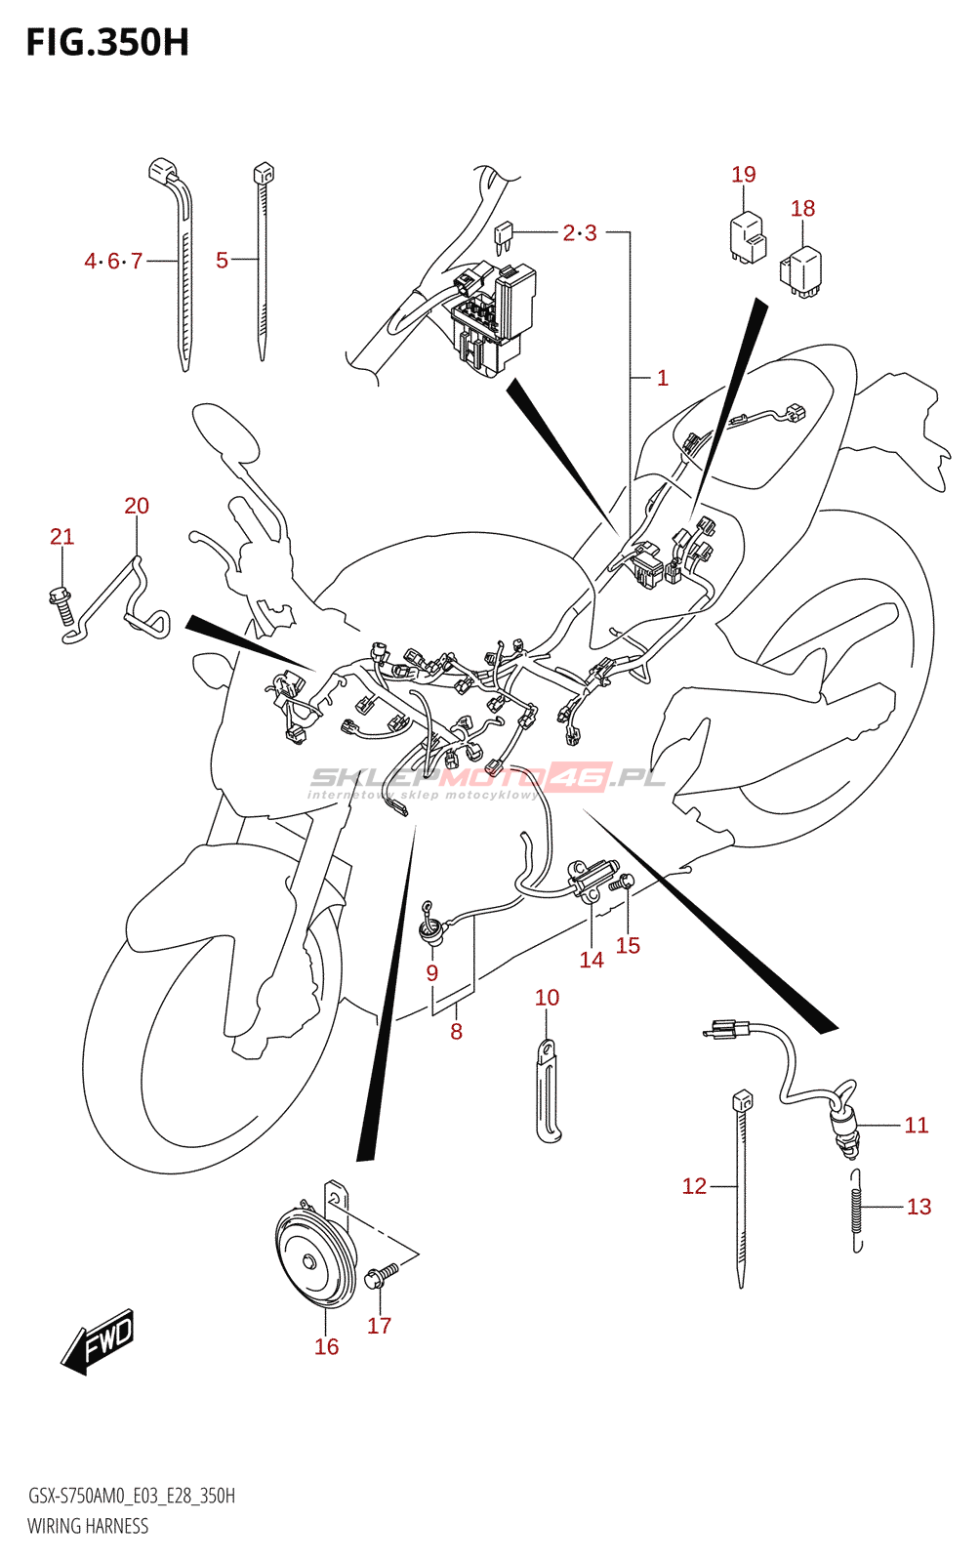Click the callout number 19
point(744,175)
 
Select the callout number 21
point(62,537)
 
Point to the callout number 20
point(137,506)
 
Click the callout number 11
point(916,1126)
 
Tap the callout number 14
point(592,961)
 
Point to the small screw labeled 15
point(620,884)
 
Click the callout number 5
point(222,261)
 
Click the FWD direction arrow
point(97,1341)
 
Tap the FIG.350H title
point(107,43)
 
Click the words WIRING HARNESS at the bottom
point(88,1527)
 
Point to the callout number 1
point(662,379)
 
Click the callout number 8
point(456,1031)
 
